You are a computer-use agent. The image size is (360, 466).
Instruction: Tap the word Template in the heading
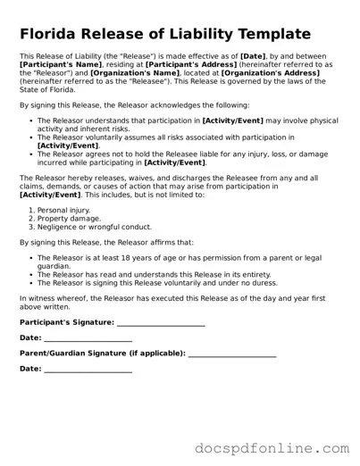coord(269,34)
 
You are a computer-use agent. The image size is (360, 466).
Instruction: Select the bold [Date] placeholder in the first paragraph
coord(255,56)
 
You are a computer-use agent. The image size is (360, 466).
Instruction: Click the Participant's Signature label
coord(66,321)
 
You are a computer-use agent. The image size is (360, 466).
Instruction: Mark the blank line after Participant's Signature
coord(161,323)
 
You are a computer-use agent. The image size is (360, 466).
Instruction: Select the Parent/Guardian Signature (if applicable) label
coord(102,353)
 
